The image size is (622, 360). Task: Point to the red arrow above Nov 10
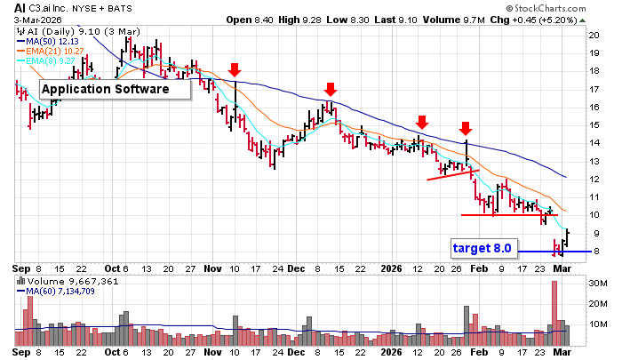[x=234, y=70]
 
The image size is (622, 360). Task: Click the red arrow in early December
[x=330, y=89]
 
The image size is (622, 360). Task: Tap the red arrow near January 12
[x=422, y=122]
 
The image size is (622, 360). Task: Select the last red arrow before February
[x=466, y=129]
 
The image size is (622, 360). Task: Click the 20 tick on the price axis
[x=592, y=35]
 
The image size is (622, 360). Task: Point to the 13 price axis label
[x=592, y=161]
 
